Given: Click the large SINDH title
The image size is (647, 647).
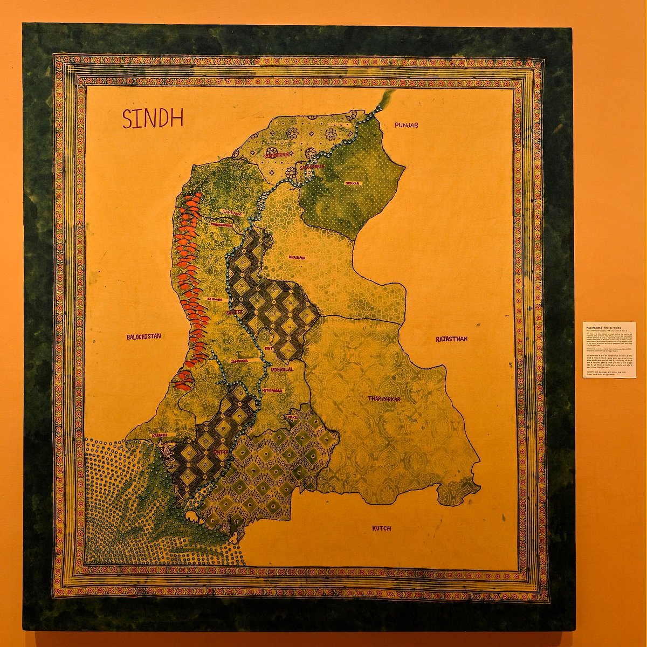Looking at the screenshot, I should tap(153, 118).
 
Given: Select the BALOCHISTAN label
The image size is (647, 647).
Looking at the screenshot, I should tap(143, 336).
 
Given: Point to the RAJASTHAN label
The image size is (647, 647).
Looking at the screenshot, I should tap(451, 339).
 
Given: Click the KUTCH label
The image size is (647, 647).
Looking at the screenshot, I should tap(381, 528).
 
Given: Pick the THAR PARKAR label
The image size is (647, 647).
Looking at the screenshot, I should tap(384, 398).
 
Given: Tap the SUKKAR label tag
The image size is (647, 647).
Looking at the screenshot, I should tap(352, 183).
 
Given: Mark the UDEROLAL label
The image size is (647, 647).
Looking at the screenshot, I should tap(281, 370).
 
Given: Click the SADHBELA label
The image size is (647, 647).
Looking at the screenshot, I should tap(312, 167).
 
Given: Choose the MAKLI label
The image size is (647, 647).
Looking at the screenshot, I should tap(292, 417).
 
